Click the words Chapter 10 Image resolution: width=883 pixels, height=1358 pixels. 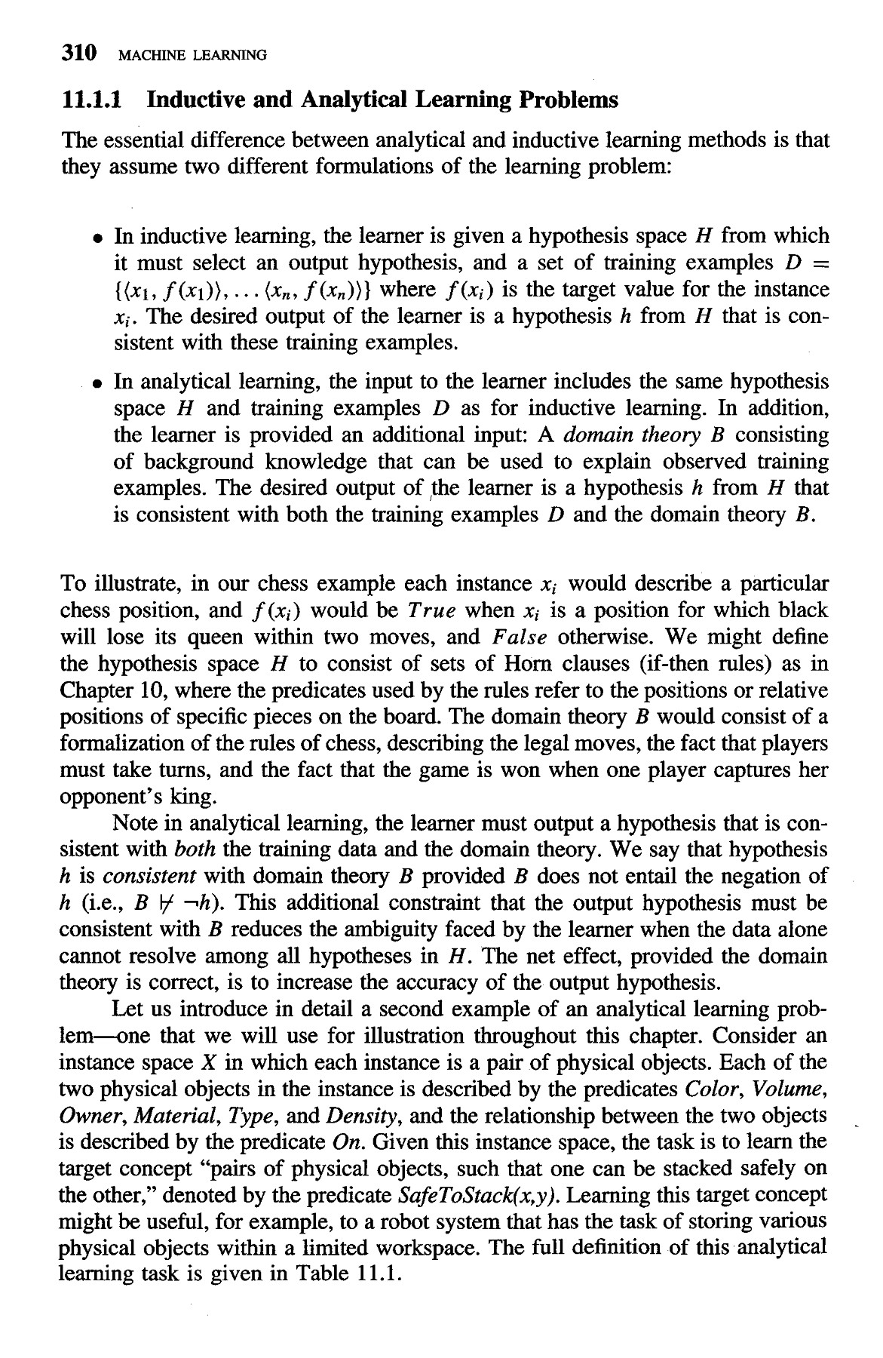(101, 690)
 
